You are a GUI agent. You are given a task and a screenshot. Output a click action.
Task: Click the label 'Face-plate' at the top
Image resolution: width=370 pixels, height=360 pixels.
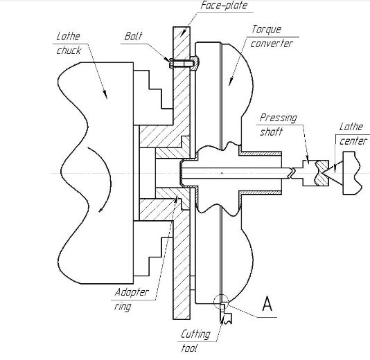pyautogui.click(x=224, y=6)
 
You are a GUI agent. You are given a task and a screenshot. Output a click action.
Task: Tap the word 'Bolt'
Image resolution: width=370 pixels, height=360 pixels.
pyautogui.click(x=134, y=35)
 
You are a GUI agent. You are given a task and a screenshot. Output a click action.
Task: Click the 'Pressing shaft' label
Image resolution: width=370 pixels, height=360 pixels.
pyautogui.click(x=278, y=123)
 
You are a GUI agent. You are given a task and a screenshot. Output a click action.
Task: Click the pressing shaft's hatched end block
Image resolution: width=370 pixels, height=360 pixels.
pyautogui.click(x=319, y=172)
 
